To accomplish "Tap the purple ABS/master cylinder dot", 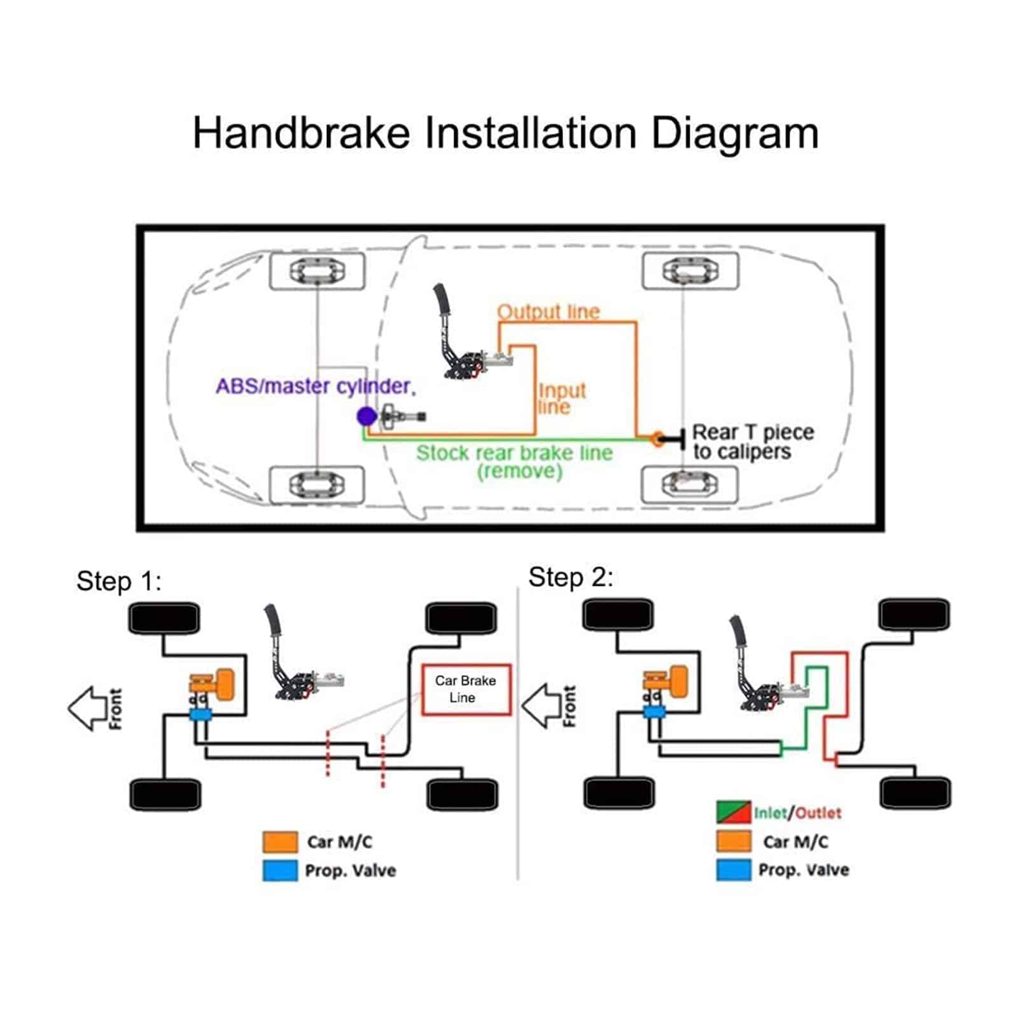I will pyautogui.click(x=366, y=417).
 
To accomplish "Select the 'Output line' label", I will pyautogui.click(x=548, y=312).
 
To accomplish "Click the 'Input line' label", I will pyautogui.click(x=561, y=398).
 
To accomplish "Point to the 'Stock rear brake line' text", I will pyautogui.click(x=514, y=453).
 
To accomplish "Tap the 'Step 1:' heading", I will pyautogui.click(x=119, y=581).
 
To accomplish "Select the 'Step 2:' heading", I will pyautogui.click(x=571, y=578).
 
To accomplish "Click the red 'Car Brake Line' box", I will pyautogui.click(x=466, y=690).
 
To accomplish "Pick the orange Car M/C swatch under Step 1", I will pyautogui.click(x=280, y=842).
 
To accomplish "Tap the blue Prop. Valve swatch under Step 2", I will pyautogui.click(x=734, y=870).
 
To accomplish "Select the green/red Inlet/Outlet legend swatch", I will pyautogui.click(x=734, y=812).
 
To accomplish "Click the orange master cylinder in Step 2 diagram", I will pyautogui.click(x=667, y=681).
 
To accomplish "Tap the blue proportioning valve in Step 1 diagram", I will pyautogui.click(x=200, y=715).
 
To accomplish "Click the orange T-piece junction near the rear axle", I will pyautogui.click(x=657, y=439).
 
